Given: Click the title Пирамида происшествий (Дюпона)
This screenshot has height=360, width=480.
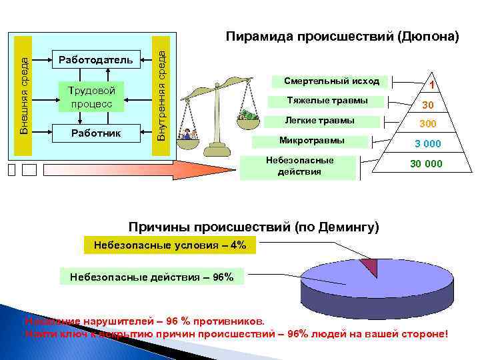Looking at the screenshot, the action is point(341,36).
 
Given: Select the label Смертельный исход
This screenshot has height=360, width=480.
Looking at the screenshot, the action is point(331,81).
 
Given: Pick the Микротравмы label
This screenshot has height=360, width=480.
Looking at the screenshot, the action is point(311,141).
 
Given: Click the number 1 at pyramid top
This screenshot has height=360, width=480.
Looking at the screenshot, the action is point(433,85).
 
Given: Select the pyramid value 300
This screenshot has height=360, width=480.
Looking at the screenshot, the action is point(427,124).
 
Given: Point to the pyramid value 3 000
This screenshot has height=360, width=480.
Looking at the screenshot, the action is point(427,144).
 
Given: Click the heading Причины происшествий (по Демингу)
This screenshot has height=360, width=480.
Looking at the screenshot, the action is point(254,228).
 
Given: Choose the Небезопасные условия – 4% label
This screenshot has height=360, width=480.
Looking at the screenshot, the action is point(169,245).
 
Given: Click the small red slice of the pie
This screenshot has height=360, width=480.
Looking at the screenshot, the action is point(369,267).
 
